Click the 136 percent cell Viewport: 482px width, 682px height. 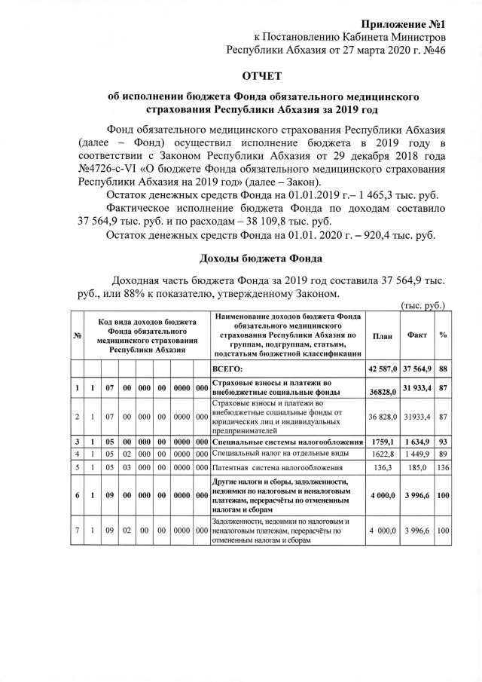[443, 468]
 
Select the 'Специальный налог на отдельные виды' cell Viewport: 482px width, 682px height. [279, 453]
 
